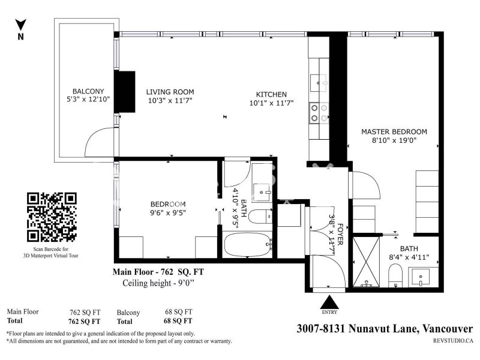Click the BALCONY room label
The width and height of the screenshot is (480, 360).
pyautogui.click(x=88, y=91)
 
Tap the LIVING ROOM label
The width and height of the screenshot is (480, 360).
pyautogui.click(x=170, y=92)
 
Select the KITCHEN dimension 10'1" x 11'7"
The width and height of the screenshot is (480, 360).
pyautogui.click(x=272, y=103)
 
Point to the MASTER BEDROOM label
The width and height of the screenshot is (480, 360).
pyautogui.click(x=394, y=131)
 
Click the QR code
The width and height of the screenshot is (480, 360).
pyautogui.click(x=52, y=217)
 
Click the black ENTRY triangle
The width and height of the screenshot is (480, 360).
pyautogui.click(x=329, y=302)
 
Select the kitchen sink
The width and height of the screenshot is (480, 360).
pyautogui.click(x=319, y=83)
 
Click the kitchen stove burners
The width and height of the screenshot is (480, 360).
pyautogui.click(x=319, y=113)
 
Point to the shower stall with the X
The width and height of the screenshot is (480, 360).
pyautogui.click(x=366, y=262)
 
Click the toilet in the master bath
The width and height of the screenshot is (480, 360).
pyautogui.click(x=395, y=275)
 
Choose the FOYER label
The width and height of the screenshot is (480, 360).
pyautogui.click(x=340, y=235)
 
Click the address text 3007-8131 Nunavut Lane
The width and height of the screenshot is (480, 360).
pyautogui.click(x=357, y=328)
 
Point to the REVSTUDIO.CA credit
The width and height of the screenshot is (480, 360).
pyautogui.click(x=453, y=340)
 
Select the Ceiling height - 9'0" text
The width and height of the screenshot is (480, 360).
pyautogui.click(x=158, y=283)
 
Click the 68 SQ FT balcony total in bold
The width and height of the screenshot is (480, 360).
pyautogui.click(x=178, y=321)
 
